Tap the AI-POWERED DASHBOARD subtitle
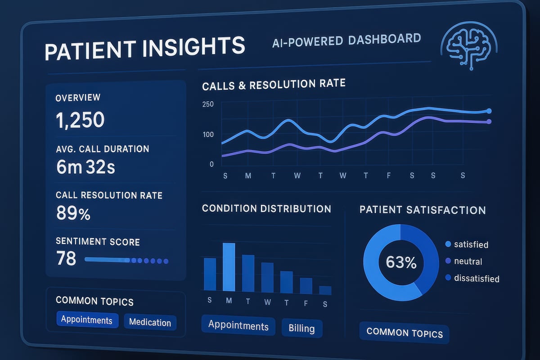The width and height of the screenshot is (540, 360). pos(346,40)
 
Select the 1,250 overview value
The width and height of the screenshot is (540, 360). pos(81,120)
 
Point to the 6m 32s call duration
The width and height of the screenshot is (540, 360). pos(85,167)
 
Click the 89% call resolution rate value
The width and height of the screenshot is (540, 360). pos(73,214)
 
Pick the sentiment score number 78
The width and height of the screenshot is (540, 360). pos(66,259)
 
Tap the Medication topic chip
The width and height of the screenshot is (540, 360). pos(150,322)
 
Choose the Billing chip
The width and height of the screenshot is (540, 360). pos(301,328)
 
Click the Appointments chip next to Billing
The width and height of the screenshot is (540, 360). pos(238,326)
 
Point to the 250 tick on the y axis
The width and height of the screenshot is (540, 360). pos(208,104)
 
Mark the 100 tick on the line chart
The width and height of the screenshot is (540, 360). pos(208,135)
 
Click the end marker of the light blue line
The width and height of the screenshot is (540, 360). pos(489,111)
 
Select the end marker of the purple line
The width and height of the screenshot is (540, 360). pos(489,121)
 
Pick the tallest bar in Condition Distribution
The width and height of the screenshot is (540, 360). pos(229,267)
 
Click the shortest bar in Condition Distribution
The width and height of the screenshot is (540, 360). pos(325,290)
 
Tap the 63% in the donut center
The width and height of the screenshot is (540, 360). pos(401,262)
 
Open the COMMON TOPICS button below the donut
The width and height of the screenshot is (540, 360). pos(404,333)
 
